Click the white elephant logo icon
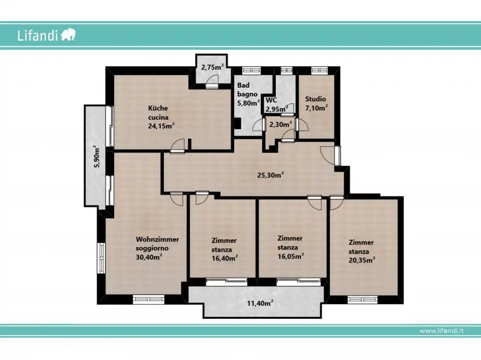pos(68,35)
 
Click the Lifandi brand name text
pos(38,35)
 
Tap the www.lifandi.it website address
pos(442,331)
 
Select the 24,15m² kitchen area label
pos(161,126)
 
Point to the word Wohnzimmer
pos(157,239)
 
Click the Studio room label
pos(316,99)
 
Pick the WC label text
pos(271,100)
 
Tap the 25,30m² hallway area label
pos(271,175)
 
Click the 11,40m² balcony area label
pos(260,303)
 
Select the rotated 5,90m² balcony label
pos(97,156)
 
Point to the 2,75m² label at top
pos(212,67)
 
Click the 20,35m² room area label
pos(362,260)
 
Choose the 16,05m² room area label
pos(291,256)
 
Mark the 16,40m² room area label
pos(225,258)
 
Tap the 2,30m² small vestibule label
pos(280,124)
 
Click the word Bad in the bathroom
pos(243,85)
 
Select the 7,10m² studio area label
pos(316,108)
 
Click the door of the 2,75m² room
pos(212,82)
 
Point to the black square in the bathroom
pos(237,124)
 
